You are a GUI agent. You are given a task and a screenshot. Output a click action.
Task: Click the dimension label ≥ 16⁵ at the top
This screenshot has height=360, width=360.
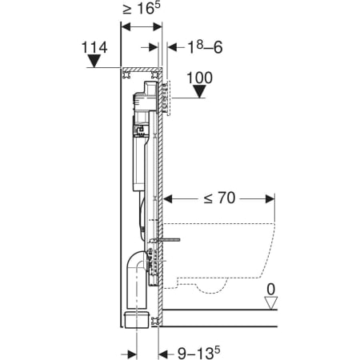(142, 9)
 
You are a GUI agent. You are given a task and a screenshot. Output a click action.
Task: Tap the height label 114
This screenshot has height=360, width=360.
(94, 47)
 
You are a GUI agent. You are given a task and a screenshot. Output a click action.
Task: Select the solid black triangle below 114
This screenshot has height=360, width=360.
(94, 61)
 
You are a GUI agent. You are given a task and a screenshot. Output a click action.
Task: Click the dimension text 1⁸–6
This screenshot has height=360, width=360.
(205, 47)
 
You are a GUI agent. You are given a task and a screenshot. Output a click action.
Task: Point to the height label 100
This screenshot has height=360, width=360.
(199, 78)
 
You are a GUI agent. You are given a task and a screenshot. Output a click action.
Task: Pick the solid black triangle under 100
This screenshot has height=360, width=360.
(199, 91)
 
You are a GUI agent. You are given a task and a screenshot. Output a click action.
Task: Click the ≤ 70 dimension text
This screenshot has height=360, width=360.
(219, 198)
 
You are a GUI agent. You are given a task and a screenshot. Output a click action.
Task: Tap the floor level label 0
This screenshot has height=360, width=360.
(271, 290)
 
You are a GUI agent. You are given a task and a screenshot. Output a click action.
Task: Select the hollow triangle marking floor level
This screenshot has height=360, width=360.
(271, 303)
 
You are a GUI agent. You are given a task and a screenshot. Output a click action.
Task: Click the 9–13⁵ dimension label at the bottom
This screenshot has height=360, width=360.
(199, 353)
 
